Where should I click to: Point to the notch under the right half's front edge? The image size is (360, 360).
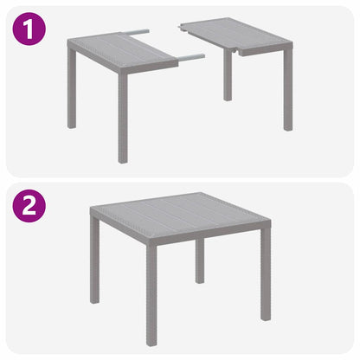pyautogui.click(x=234, y=55)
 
